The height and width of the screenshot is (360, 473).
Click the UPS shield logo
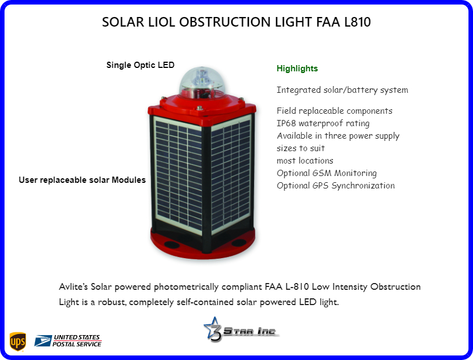(18, 341)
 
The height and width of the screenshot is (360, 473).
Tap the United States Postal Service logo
(68, 340)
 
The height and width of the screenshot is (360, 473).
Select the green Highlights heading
(297, 68)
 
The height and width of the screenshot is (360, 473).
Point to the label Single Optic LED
(140, 65)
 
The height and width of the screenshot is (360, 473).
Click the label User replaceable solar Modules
(82, 180)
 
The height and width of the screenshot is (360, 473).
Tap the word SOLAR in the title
(121, 23)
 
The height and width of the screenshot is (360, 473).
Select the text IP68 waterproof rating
(323, 123)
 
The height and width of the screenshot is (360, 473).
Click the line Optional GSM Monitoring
(326, 173)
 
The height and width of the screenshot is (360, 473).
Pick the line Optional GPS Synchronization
(336, 186)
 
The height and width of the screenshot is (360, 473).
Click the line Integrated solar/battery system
(342, 90)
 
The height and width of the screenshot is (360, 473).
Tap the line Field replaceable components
(334, 111)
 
